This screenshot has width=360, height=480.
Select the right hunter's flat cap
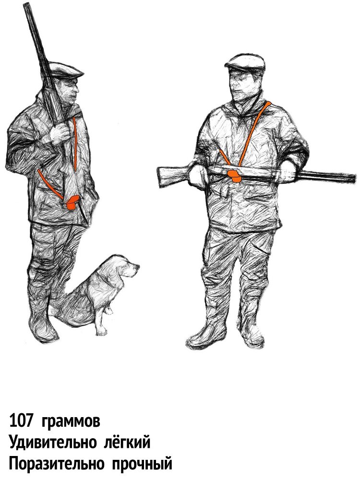click(245, 62)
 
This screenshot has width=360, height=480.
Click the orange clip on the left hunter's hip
click(72, 203)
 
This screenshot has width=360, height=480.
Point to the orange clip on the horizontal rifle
click(235, 175)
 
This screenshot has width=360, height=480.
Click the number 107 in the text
click(21, 421)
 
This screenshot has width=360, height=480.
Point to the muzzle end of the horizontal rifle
click(354, 178)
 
